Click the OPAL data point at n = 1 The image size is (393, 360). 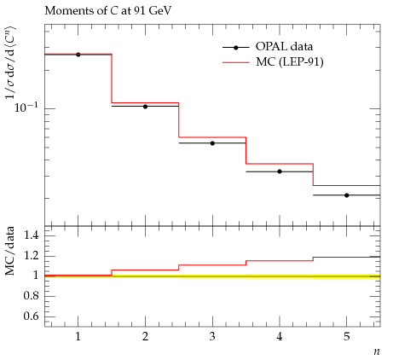[78, 55]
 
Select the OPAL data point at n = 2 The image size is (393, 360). [145, 107]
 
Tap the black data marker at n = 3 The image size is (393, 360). [212, 143]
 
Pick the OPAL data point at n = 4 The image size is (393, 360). [280, 171]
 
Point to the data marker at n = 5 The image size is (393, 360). [347, 195]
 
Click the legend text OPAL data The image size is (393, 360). [284, 46]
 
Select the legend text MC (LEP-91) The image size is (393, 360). [290, 61]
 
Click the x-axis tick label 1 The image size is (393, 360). [78, 337]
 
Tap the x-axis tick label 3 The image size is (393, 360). [212, 337]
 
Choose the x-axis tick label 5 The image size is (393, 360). [347, 337]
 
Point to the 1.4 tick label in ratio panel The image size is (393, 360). [31, 235]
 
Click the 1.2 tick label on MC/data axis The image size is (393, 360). [31, 255]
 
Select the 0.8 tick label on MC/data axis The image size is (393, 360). [31, 296]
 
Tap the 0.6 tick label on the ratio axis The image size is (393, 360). [31, 316]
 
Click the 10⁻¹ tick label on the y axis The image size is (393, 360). [26, 107]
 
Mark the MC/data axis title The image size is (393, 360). [9, 251]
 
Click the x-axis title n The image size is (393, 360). [377, 351]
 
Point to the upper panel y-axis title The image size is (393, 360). [10, 63]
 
